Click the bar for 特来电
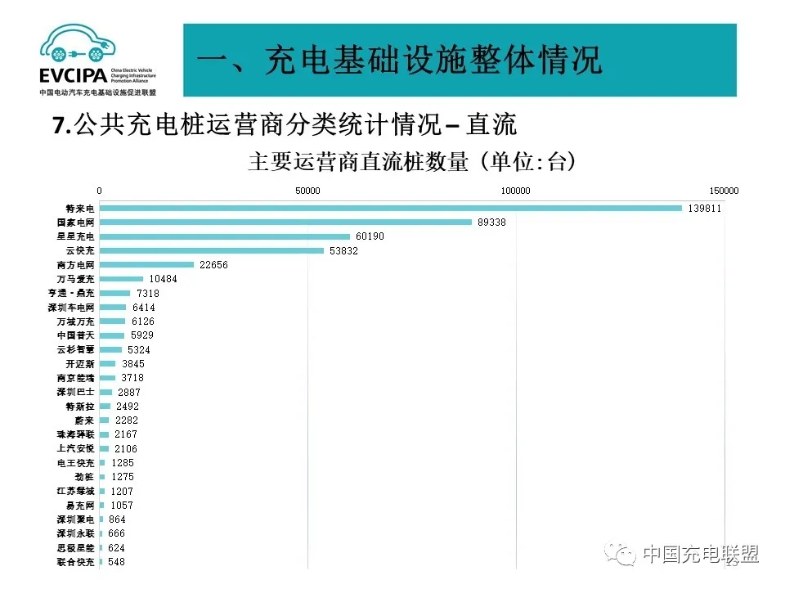390,208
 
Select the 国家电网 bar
285,222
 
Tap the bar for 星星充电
224,236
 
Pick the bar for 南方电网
146,264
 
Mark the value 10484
163,279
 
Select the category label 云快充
80,250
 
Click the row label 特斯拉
80,407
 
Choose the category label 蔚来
85,420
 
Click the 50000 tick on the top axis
307,191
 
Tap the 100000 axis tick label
515,191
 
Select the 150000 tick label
724,191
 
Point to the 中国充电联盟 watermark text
700,554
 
